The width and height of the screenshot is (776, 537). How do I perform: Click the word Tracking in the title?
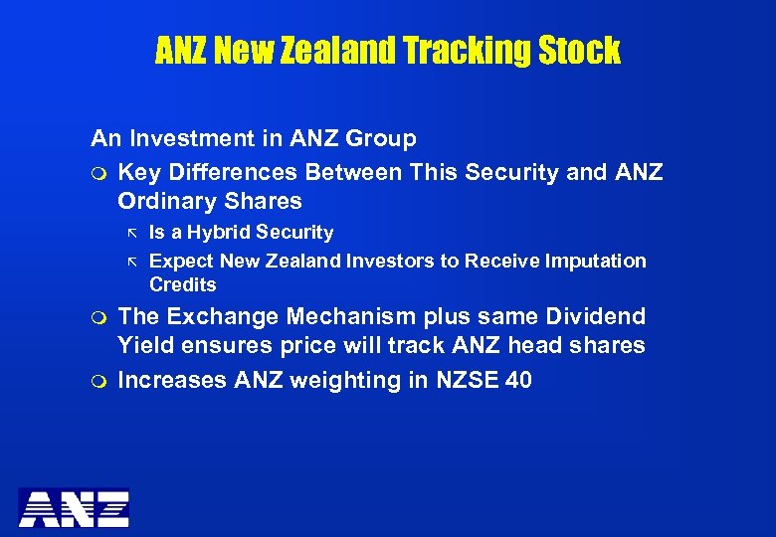pyautogui.click(x=464, y=50)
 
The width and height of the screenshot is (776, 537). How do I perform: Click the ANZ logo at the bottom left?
pyautogui.click(x=74, y=507)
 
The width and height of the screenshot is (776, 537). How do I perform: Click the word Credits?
pyautogui.click(x=183, y=284)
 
